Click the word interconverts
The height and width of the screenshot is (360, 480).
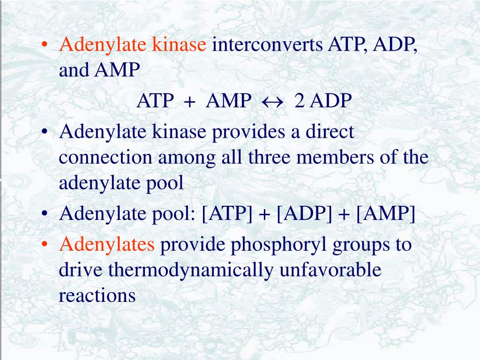coord(268,45)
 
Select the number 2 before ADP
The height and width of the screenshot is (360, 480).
coord(299,101)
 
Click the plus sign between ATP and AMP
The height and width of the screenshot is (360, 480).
coord(189,101)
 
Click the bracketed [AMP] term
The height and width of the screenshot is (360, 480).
coord(386,214)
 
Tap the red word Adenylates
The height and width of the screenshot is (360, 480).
coord(107,245)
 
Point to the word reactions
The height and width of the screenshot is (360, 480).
coord(97,296)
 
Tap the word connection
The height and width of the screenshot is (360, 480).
coord(106,158)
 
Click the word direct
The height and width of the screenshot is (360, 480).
coord(330,132)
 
